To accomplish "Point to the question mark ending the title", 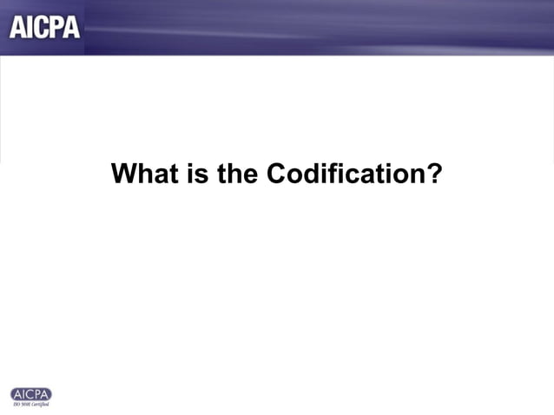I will pyautogui.click(x=434, y=175).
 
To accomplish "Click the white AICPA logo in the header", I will pyautogui.click(x=44, y=27).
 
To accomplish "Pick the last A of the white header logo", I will pyautogui.click(x=71, y=27).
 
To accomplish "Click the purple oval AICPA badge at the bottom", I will pyautogui.click(x=30, y=394).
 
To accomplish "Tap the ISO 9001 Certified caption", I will pyautogui.click(x=30, y=405).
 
